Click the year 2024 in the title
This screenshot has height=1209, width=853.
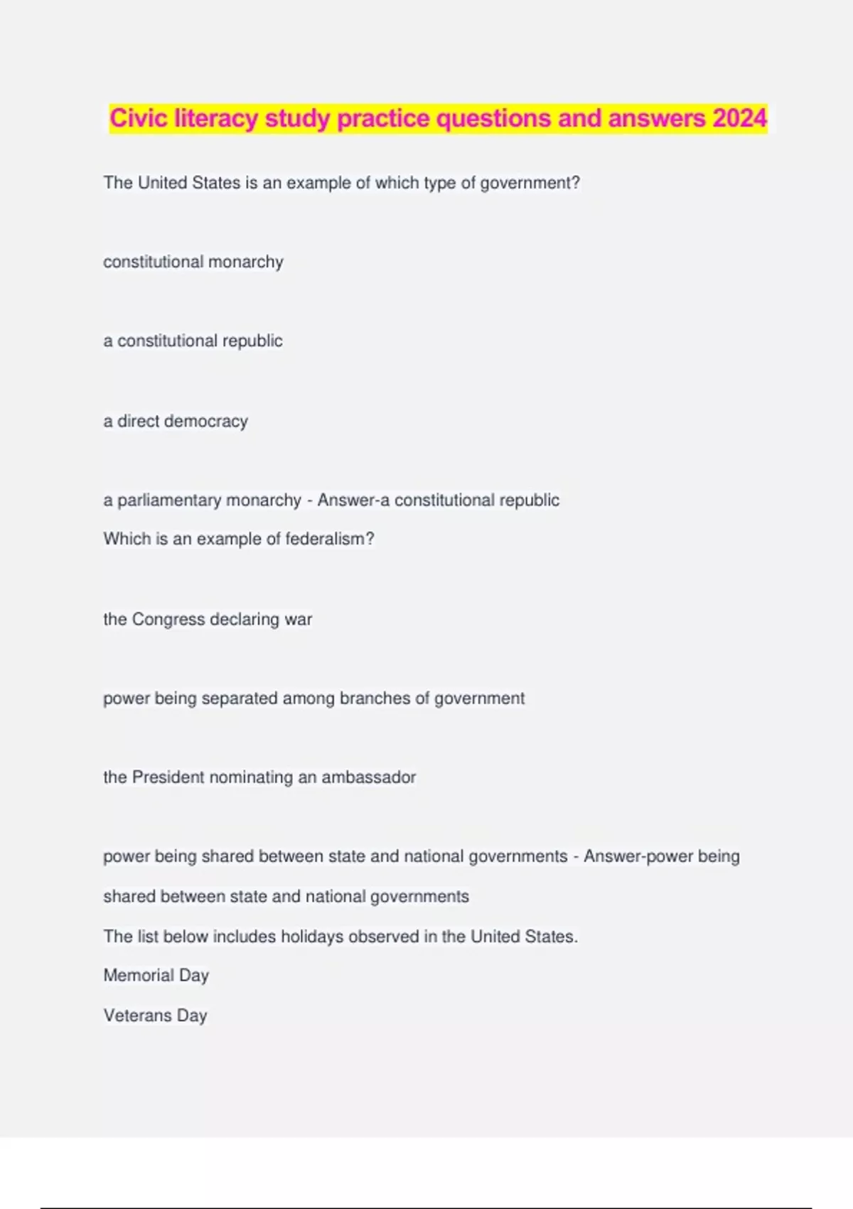coord(740,118)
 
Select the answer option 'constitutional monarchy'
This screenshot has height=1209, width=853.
coord(193,262)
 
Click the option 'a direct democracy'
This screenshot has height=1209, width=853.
coord(176,421)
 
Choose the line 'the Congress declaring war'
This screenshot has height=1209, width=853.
coord(208,619)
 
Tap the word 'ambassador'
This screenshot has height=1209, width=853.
coord(368,777)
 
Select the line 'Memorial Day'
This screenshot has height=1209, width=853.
coord(156,975)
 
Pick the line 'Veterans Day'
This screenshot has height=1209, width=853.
coord(155,1015)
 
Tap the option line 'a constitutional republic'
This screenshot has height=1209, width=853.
coord(193,341)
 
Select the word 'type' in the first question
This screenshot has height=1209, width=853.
coord(439,183)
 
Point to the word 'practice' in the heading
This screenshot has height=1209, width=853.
coord(383,118)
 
